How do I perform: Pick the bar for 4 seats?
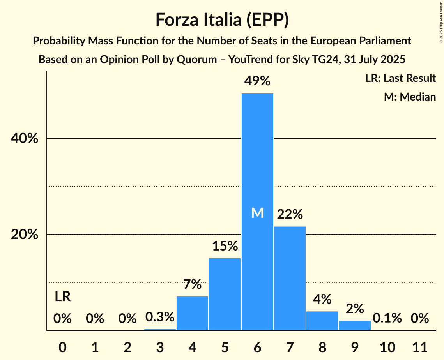point(192,313)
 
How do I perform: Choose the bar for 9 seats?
point(355,325)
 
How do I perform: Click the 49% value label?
point(257,81)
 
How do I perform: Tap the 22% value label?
point(290,214)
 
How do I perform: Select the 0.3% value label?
point(160,317)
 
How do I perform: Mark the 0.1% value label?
point(387,318)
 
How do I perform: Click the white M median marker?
point(257,213)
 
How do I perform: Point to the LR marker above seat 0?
point(62,297)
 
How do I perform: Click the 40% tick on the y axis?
point(27,139)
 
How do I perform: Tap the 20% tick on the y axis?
point(27,235)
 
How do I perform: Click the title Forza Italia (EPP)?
point(222,20)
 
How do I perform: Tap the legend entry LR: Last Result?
point(400,78)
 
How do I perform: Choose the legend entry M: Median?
point(410,97)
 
